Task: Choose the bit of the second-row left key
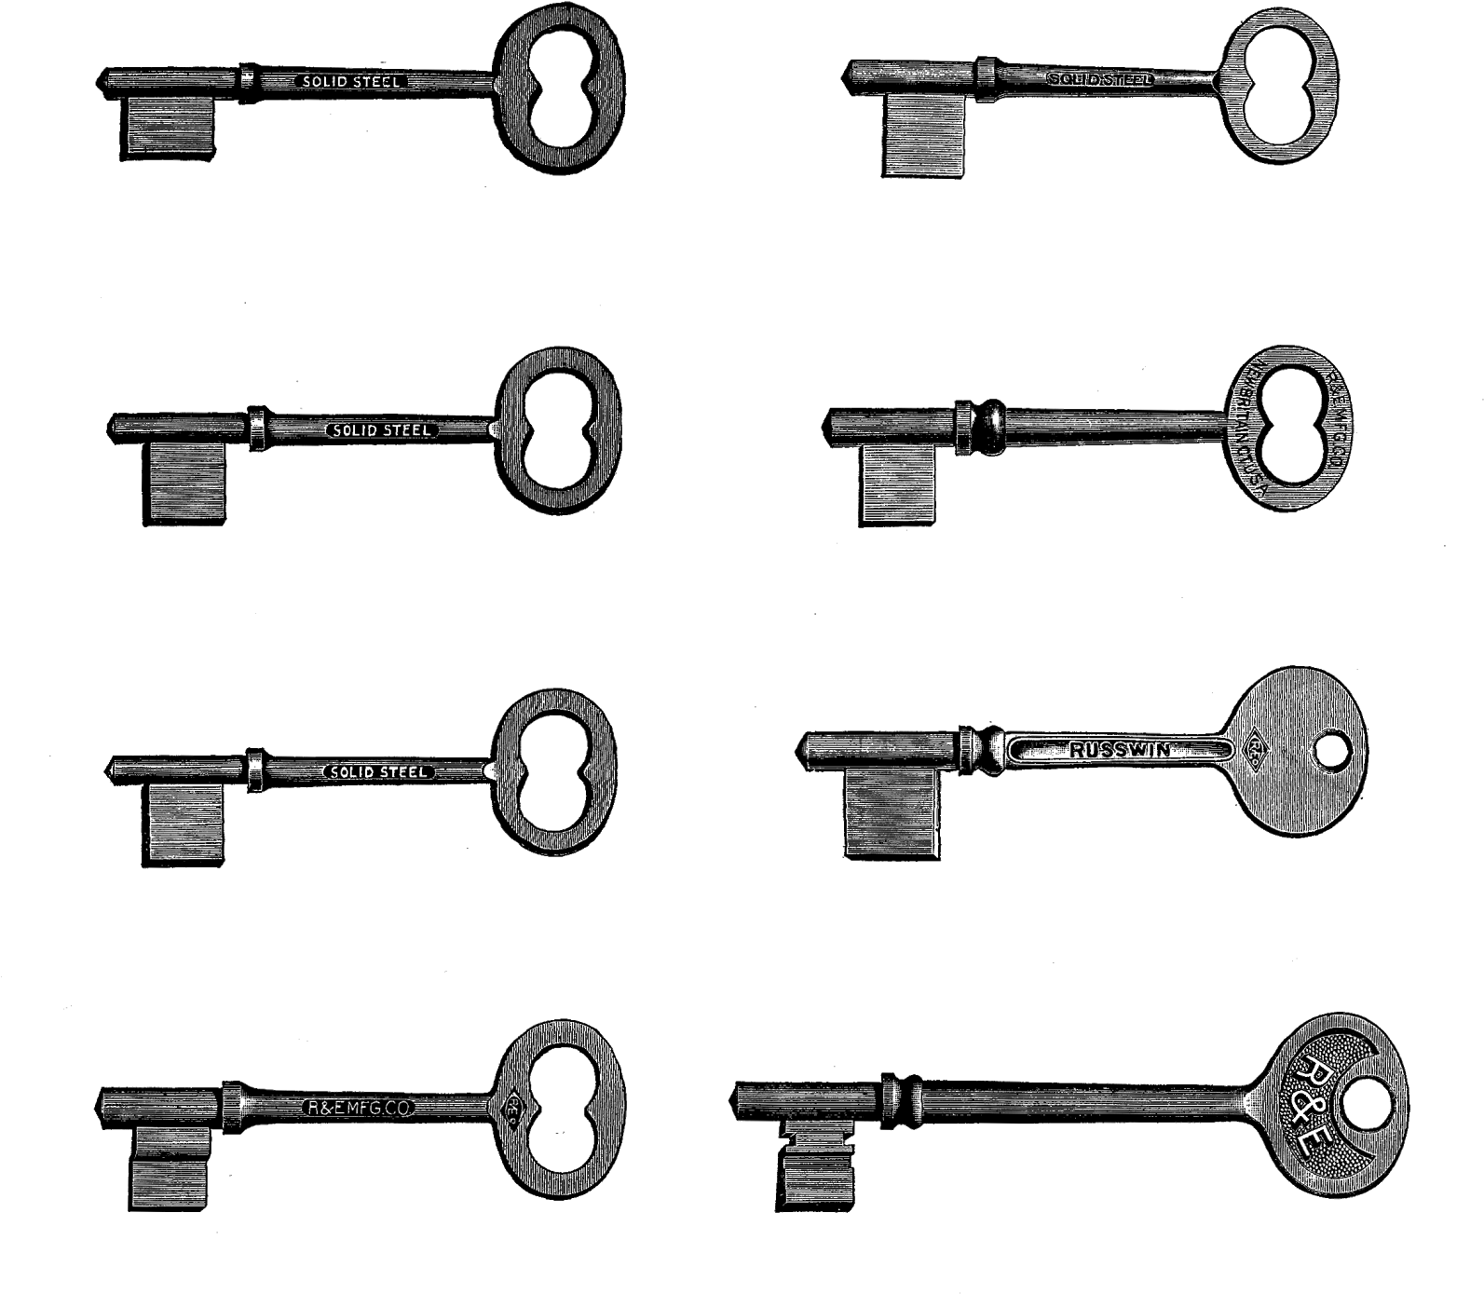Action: (187, 482)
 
